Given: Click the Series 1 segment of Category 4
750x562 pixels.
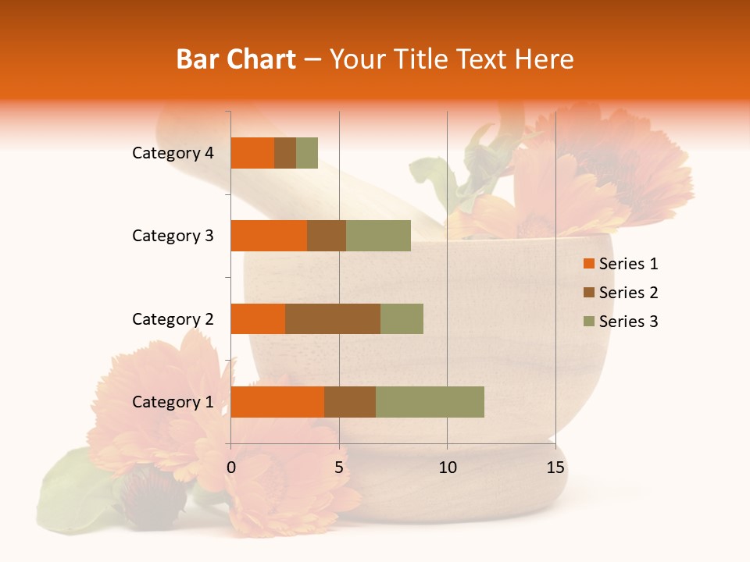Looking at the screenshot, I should click(x=252, y=153).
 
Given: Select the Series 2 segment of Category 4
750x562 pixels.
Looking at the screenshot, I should click(x=285, y=153).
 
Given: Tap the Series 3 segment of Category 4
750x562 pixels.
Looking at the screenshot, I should click(x=307, y=153).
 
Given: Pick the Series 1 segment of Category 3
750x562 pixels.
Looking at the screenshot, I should click(x=269, y=236).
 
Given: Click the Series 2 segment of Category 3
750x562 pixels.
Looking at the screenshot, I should click(x=327, y=236).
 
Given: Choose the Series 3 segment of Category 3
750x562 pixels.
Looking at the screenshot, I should click(x=378, y=236).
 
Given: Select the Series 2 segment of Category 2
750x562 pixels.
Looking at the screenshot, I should click(x=333, y=318).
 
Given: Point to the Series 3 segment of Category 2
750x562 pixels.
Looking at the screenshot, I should click(x=402, y=318).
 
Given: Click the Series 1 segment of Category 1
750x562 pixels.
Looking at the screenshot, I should click(x=277, y=402).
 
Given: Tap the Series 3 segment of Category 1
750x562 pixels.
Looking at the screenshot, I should click(x=430, y=402).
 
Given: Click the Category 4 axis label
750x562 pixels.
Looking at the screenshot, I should click(x=173, y=153).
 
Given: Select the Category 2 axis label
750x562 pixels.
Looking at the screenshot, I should click(x=173, y=318).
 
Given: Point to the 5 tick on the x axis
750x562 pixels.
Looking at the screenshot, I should click(x=339, y=468).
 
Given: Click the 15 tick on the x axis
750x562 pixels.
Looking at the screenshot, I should click(x=555, y=468).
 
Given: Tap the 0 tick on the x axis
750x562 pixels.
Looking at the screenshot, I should click(x=231, y=468).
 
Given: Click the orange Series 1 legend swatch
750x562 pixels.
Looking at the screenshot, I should click(x=588, y=264).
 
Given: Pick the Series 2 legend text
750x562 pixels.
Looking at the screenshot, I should click(x=628, y=293).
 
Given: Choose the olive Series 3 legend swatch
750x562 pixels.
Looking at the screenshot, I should click(x=588, y=322).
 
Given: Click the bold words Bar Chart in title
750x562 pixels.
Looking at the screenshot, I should click(x=236, y=59).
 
